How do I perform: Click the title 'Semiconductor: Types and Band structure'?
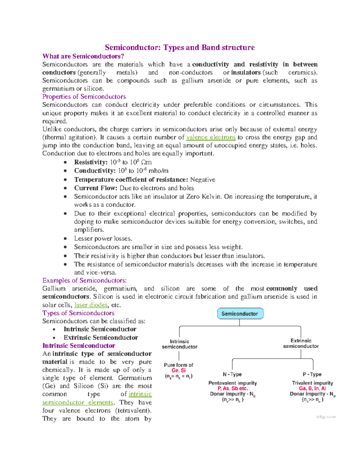[x=180, y=48]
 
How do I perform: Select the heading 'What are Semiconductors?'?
[x=83, y=56]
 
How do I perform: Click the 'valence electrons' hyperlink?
[x=211, y=137]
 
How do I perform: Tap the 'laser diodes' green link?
[x=91, y=305]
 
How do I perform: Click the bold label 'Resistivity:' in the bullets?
[x=91, y=162]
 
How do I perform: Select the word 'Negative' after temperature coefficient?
[x=203, y=180]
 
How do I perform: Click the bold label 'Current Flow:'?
[x=96, y=188]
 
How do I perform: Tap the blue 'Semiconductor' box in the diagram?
[x=240, y=314]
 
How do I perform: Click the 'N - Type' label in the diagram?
[x=232, y=374]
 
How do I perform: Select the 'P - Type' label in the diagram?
[x=312, y=374]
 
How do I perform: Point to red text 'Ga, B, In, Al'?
[x=312, y=388]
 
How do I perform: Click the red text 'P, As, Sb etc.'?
[x=233, y=388]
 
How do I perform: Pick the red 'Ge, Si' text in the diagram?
[x=178, y=370]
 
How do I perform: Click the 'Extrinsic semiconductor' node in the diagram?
[x=301, y=343]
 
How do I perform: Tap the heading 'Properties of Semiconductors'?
[x=84, y=97]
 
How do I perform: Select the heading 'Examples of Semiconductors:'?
[x=84, y=281]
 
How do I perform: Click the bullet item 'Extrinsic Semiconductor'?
[x=100, y=338]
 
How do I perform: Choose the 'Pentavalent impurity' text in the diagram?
[x=232, y=383]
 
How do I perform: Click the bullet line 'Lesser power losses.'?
[x=103, y=239]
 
